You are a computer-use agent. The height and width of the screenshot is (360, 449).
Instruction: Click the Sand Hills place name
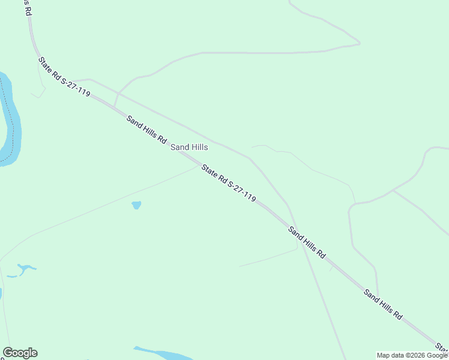click(189, 147)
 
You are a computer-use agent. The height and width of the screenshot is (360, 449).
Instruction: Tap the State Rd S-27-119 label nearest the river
click(64, 77)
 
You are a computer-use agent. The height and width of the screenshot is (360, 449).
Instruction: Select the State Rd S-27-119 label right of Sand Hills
click(229, 182)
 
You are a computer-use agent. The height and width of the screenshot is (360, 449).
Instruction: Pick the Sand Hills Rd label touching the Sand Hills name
click(146, 129)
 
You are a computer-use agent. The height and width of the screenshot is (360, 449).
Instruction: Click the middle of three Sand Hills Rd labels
click(306, 242)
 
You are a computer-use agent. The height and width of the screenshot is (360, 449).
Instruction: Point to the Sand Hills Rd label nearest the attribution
click(382, 304)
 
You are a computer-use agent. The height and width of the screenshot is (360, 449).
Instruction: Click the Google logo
click(20, 353)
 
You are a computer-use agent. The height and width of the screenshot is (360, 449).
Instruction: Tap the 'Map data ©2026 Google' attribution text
click(412, 355)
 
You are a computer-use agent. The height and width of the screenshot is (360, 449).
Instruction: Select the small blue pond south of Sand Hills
click(136, 205)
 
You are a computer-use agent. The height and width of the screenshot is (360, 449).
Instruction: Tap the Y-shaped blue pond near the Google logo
click(25, 268)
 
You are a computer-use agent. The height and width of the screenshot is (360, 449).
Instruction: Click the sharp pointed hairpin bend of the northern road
click(359, 43)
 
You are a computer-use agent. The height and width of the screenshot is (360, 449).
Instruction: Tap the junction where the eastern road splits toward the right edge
click(393, 190)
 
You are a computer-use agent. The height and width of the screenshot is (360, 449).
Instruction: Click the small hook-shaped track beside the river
click(40, 90)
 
